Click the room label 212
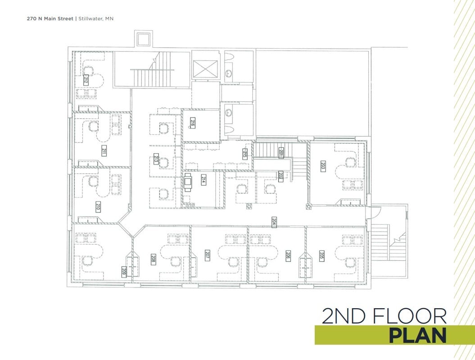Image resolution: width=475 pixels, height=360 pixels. click(85, 80)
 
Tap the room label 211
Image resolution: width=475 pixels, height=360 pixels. click(104, 151)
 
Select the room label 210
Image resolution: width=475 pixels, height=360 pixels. click(98, 207)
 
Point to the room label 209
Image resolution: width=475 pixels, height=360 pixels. click(124, 271)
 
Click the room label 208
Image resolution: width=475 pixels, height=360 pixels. click(153, 259)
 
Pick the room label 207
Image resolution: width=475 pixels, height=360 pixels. click(208, 255)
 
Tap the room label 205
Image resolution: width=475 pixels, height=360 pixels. click(322, 255)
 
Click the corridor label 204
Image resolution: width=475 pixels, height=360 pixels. click(273, 221)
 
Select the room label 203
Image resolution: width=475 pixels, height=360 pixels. click(323, 166)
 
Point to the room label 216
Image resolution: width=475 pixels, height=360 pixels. click(192, 123)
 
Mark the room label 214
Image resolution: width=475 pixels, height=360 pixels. click(204, 180)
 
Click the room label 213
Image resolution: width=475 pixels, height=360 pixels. click(156, 159)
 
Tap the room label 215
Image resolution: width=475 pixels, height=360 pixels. click(245, 154)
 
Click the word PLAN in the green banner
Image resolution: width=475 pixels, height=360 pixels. click(417, 336)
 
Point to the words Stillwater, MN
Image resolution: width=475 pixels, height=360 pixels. click(96, 19)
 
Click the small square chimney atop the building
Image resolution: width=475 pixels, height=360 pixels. click(144, 38)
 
